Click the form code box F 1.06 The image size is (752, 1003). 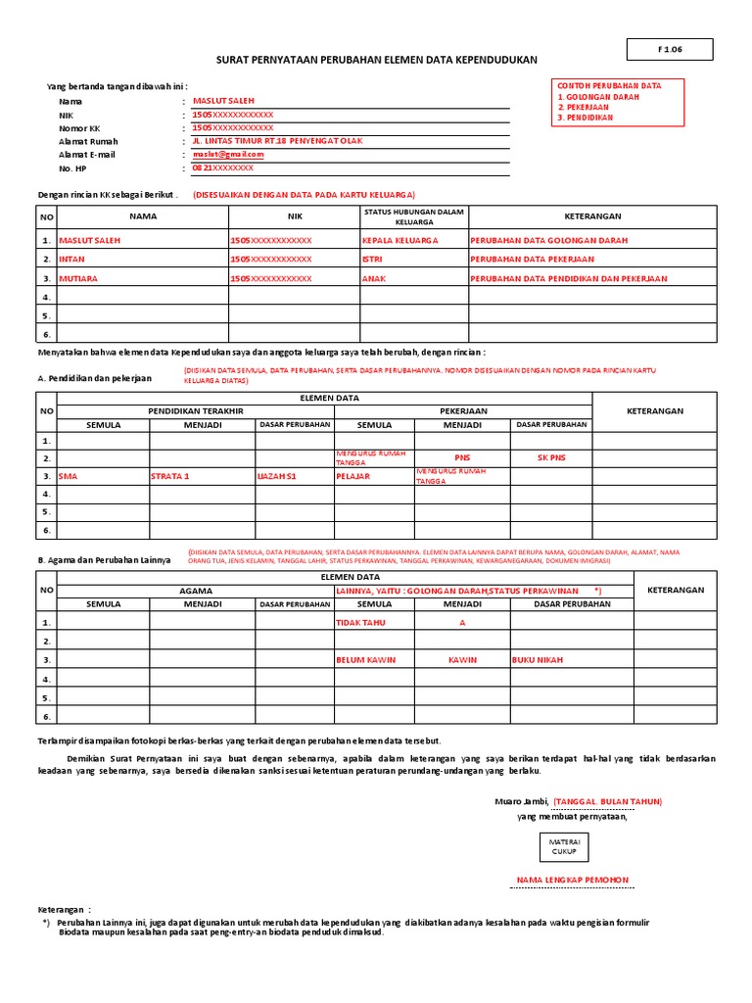[x=670, y=49]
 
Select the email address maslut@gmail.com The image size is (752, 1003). [x=228, y=155]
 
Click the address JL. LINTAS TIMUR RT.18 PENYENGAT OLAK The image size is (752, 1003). [x=277, y=141]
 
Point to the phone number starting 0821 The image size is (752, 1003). [x=222, y=168]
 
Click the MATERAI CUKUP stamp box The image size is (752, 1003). [x=564, y=846]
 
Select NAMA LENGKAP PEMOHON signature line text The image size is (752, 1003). [x=573, y=880]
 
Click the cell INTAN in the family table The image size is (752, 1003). [x=72, y=260]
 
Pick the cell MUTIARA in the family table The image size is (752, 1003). [x=79, y=279]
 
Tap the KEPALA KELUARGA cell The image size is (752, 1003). [x=400, y=240]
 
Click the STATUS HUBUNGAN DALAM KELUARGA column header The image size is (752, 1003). [x=413, y=216]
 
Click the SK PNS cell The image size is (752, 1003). [x=551, y=457]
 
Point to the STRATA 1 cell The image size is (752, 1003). [x=169, y=476]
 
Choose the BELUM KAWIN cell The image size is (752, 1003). [x=365, y=660]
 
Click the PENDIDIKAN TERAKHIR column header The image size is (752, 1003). [x=195, y=411]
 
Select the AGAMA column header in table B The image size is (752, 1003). [x=195, y=591]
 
